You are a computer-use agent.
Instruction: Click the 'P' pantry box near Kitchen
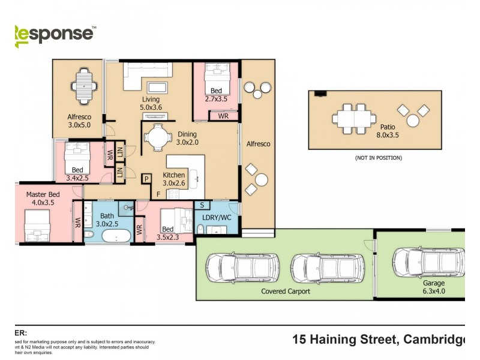click(x=146, y=179)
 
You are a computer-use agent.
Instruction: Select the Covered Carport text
click(x=286, y=291)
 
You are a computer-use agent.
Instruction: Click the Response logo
click(x=54, y=34)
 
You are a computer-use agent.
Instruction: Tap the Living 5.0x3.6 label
click(x=151, y=103)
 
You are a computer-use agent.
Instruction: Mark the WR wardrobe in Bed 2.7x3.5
click(x=223, y=116)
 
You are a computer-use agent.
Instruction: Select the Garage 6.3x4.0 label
click(x=433, y=287)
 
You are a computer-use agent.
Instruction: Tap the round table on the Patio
click(x=413, y=121)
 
